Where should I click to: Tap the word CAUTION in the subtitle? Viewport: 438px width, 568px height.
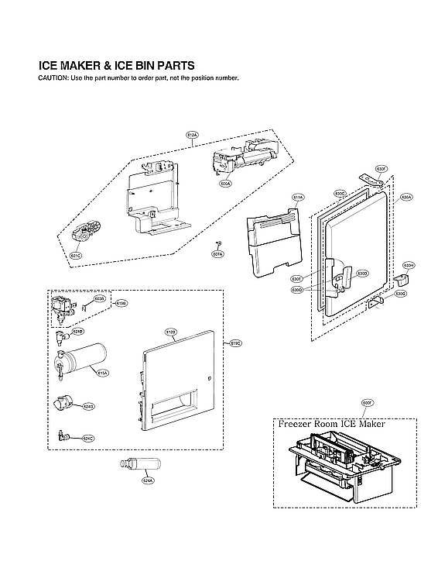point(50,79)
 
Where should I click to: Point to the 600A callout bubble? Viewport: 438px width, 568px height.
point(225,184)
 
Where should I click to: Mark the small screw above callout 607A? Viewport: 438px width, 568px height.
point(219,244)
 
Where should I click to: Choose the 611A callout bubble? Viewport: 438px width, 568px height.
point(298,198)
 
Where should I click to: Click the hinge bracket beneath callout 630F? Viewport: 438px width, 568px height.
point(375,181)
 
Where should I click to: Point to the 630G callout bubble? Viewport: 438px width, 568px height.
point(400,294)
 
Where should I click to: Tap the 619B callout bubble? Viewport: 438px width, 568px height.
point(121,304)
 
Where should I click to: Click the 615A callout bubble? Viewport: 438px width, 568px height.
point(102,372)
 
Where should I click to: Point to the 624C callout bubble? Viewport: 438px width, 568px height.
point(88,439)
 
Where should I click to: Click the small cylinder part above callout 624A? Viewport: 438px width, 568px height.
point(138,464)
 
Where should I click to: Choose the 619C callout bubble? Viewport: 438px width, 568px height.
point(236,343)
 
